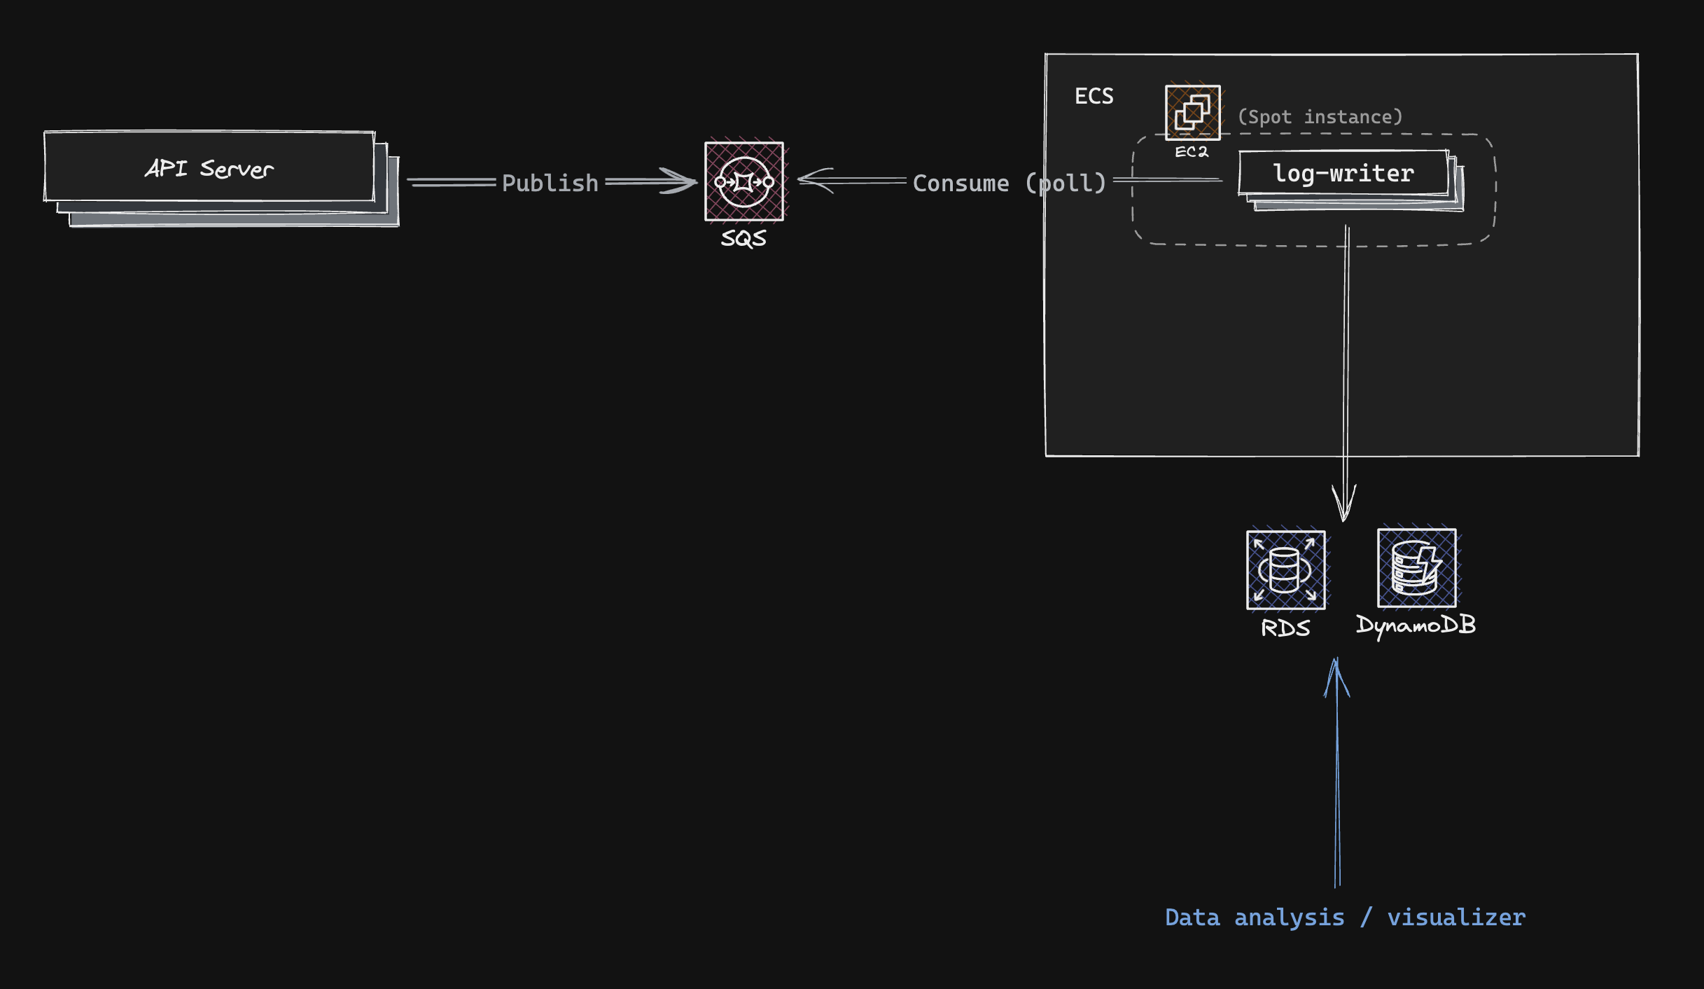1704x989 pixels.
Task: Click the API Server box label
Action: point(209,169)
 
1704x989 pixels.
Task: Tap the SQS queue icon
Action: point(743,181)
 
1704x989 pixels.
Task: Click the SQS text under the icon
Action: point(743,239)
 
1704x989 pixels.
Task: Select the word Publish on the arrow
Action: point(550,184)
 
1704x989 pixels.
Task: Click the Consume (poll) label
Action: point(1009,184)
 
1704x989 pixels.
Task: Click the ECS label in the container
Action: point(1094,96)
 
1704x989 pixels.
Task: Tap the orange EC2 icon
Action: point(1192,112)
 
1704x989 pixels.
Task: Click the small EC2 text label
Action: point(1192,152)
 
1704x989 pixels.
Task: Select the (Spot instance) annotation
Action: point(1320,117)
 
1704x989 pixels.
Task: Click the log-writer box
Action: point(1343,173)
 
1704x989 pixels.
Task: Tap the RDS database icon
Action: point(1285,569)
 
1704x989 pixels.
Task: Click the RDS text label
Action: point(1285,628)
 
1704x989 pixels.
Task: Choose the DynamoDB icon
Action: point(1416,567)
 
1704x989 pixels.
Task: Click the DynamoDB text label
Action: point(1416,625)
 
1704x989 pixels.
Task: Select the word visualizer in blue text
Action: point(1456,918)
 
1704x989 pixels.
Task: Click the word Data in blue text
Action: point(1192,918)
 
